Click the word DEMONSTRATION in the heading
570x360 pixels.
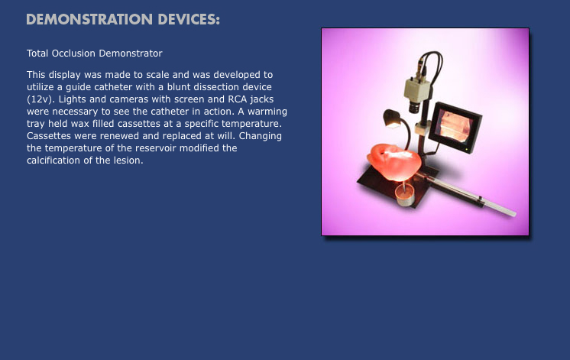point(89,20)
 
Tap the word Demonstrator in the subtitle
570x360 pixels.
point(131,53)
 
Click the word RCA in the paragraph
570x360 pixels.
point(238,99)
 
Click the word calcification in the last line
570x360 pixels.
point(53,161)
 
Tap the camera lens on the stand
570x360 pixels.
point(414,107)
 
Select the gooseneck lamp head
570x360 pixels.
point(391,118)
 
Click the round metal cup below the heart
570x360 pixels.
point(405,196)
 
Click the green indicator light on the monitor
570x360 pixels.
point(466,150)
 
